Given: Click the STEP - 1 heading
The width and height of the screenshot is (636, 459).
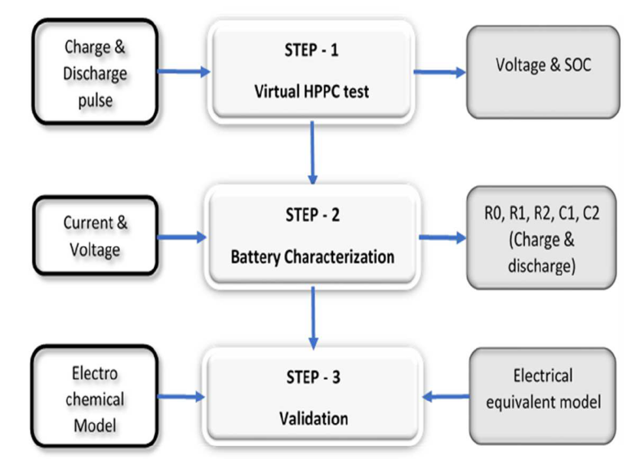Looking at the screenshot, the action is click(311, 50).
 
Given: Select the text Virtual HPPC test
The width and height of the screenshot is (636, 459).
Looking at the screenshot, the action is click(311, 92).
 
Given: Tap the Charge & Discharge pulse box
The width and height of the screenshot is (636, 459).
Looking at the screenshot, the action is click(95, 72).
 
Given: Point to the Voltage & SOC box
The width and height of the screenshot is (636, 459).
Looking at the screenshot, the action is click(543, 72).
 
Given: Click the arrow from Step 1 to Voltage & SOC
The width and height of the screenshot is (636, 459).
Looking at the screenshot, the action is click(439, 72).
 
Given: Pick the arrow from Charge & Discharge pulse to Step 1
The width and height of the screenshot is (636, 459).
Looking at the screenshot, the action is click(184, 72).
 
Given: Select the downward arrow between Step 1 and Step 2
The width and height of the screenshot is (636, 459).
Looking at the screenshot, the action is click(312, 152).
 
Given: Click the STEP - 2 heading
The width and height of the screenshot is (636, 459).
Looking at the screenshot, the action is click(312, 215).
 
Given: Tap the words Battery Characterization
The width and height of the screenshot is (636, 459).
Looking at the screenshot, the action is click(312, 257).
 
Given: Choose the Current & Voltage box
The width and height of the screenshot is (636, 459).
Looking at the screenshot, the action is click(96, 236).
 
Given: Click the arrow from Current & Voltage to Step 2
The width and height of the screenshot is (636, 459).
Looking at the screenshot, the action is click(181, 237).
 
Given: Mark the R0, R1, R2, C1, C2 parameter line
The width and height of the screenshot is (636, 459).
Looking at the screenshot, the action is click(542, 213).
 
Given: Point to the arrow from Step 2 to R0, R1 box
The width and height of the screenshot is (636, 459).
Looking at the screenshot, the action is click(442, 237).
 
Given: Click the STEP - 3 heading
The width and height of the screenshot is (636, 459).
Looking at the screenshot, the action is click(313, 377).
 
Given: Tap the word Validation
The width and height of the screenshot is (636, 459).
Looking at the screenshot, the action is click(314, 418).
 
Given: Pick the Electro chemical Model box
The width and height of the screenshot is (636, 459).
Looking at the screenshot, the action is click(94, 396).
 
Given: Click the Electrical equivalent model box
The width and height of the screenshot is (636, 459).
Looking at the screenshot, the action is click(543, 396).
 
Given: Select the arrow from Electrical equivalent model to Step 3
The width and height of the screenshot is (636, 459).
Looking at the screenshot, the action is click(445, 396).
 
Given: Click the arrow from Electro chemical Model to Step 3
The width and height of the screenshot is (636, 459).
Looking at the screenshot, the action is click(181, 396).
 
